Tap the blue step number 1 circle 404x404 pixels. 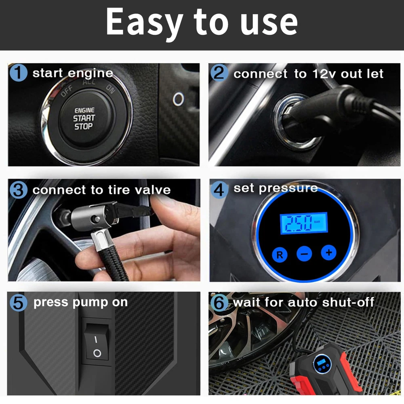(19, 73)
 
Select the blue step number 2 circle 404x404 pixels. (219, 73)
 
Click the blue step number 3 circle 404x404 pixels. (19, 190)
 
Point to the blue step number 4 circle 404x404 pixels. (219, 190)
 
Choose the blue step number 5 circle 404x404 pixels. (19, 303)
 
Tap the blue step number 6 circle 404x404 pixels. (219, 303)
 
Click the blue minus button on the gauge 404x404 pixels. (304, 254)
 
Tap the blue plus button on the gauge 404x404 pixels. (328, 253)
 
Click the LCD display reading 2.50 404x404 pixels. (304, 223)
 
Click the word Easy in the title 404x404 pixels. (145, 22)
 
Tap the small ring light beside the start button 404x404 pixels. (178, 99)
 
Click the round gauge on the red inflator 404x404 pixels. (322, 364)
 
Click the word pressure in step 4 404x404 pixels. (288, 189)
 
